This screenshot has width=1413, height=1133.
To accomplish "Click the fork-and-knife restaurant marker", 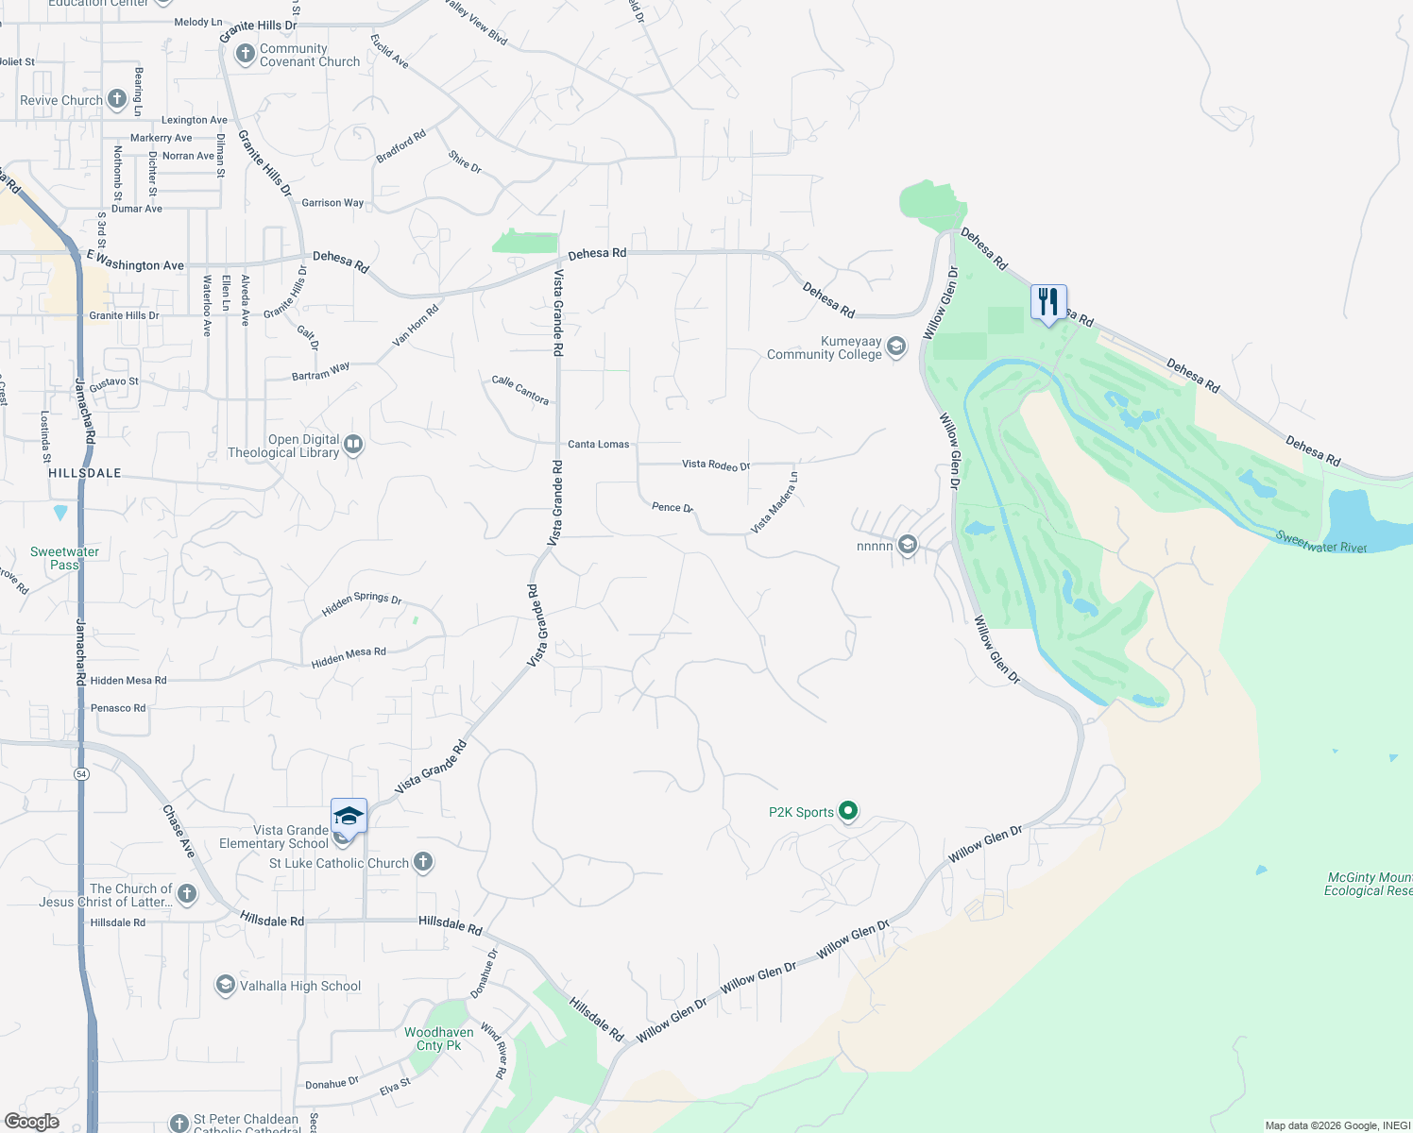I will point(1048,303).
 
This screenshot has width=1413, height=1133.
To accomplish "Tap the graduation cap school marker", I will point(349,817).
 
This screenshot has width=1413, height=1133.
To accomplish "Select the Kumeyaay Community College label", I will point(824,348).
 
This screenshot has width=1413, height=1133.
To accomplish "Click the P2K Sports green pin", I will point(848,811).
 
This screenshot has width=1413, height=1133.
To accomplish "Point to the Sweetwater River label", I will point(1320,542).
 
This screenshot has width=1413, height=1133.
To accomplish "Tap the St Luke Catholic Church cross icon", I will point(423,862).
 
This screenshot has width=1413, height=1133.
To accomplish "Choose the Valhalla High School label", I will point(299,986).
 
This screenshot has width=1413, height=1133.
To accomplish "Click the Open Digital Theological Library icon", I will point(353,444).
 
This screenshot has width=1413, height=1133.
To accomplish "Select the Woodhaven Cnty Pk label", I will point(439,1039).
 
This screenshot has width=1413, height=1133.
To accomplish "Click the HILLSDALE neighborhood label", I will point(85,473).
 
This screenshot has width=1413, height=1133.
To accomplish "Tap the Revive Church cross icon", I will point(117,98).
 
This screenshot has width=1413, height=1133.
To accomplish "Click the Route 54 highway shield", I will point(82,774).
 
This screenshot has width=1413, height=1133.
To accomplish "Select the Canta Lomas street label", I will point(598,444).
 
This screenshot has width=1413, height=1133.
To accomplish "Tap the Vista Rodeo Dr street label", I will point(715,465).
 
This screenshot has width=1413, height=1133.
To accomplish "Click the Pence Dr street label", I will point(672,507).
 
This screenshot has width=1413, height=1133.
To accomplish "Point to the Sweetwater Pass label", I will point(64,558).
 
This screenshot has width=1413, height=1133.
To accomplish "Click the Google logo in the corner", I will point(32,1122).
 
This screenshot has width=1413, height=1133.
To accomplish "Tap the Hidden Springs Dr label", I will point(362,603).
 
